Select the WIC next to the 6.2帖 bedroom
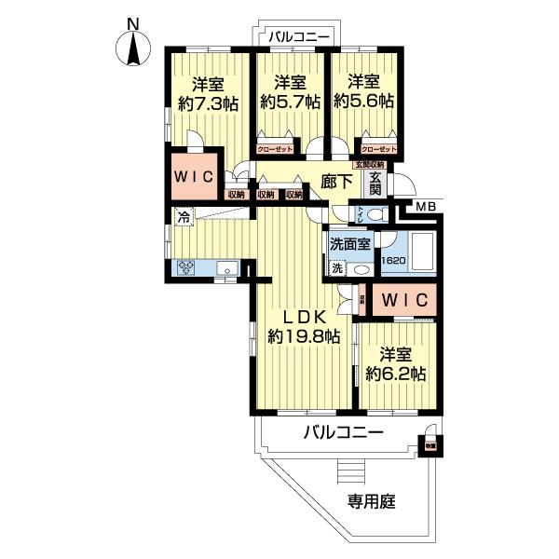pyautogui.click(x=403, y=300)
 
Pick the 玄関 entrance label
pyautogui.click(x=375, y=183)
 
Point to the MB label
pyautogui.click(x=426, y=206)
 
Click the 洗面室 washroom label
pyautogui.click(x=350, y=243)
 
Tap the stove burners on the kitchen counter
pyautogui.click(x=186, y=268)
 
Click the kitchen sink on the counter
pyautogui.click(x=226, y=268)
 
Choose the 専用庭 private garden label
pyautogui.click(x=373, y=502)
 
